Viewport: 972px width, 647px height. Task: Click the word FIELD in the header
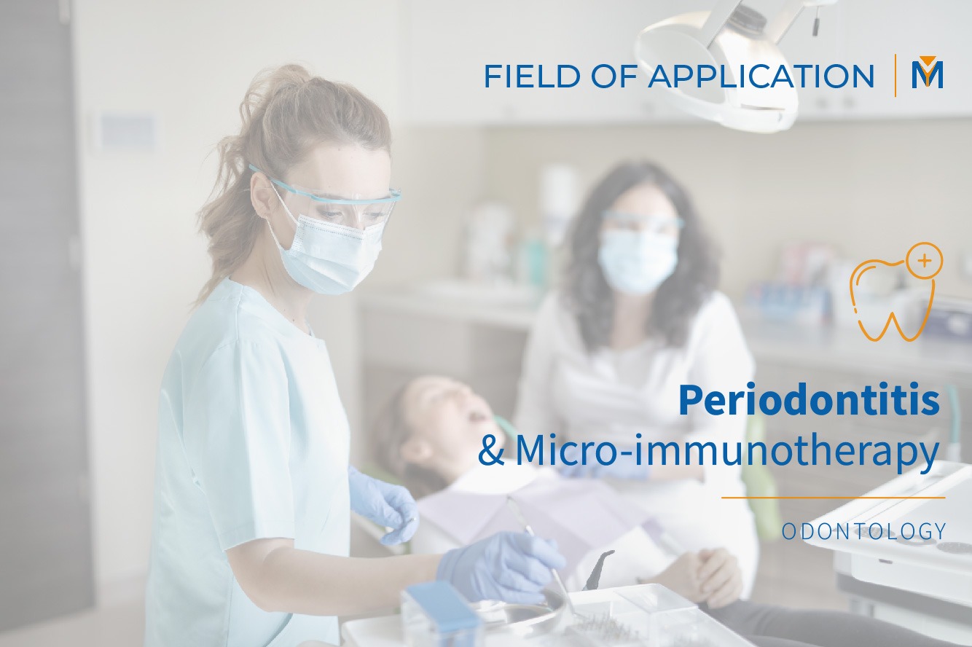click(522, 77)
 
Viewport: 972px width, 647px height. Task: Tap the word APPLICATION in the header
click(761, 77)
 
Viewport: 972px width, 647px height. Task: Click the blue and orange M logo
click(927, 74)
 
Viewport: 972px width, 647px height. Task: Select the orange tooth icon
click(890, 295)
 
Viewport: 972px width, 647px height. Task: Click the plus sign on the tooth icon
click(925, 260)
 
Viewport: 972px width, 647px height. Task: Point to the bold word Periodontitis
click(809, 401)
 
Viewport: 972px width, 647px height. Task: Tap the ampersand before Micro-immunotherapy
click(493, 452)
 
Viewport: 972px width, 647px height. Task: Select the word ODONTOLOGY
click(863, 531)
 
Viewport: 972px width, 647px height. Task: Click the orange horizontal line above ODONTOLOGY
click(833, 498)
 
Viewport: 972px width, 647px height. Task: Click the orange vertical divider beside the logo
click(895, 75)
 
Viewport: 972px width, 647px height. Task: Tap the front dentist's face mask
click(329, 251)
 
